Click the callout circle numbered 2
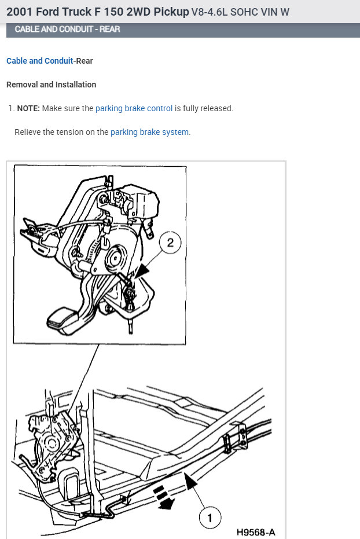pyautogui.click(x=170, y=243)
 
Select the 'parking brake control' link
pyautogui.click(x=134, y=108)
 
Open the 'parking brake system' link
pyautogui.click(x=149, y=132)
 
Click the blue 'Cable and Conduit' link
pyautogui.click(x=39, y=61)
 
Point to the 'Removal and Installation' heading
pyautogui.click(x=51, y=85)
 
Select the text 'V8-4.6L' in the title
pyautogui.click(x=210, y=12)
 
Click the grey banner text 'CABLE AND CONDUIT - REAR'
pyautogui.click(x=67, y=30)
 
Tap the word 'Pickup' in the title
pyautogui.click(x=171, y=12)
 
